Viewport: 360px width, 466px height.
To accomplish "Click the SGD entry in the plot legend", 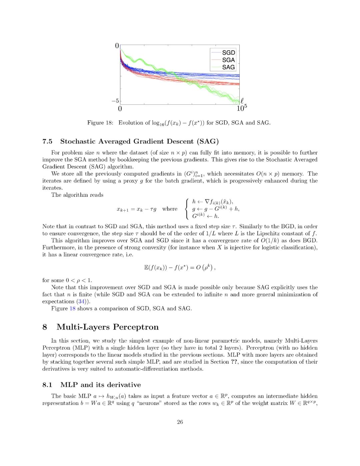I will [x=228, y=53].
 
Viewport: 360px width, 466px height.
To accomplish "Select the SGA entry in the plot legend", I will [x=228, y=60].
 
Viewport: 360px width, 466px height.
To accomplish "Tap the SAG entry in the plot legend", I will [x=228, y=67].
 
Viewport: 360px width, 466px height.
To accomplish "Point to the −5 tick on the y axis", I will [x=115, y=101].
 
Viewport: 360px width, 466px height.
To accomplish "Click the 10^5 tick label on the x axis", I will [x=242, y=108].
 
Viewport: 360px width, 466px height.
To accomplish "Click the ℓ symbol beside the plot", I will [x=242, y=100].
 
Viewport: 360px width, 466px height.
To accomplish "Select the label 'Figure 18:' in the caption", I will [x=100, y=123].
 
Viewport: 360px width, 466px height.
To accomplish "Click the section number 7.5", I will [x=47, y=141].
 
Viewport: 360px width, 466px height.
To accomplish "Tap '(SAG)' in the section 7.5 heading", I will [x=208, y=141].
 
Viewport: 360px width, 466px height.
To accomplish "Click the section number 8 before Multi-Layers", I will [x=45, y=327].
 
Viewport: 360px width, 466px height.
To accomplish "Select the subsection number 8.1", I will [x=47, y=385].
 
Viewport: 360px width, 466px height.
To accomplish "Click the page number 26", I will [x=180, y=422].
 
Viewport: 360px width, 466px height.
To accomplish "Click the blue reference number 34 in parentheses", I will [x=82, y=302].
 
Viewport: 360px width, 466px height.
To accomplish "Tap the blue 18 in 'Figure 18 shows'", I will [x=72, y=309].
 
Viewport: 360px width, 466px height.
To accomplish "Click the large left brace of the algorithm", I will [x=187, y=209].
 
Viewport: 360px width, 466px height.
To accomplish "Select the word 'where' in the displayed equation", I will [x=170, y=209].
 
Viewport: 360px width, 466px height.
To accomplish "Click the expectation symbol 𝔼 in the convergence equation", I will [x=146, y=268].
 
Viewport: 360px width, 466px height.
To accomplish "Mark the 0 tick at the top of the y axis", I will [x=117, y=46].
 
